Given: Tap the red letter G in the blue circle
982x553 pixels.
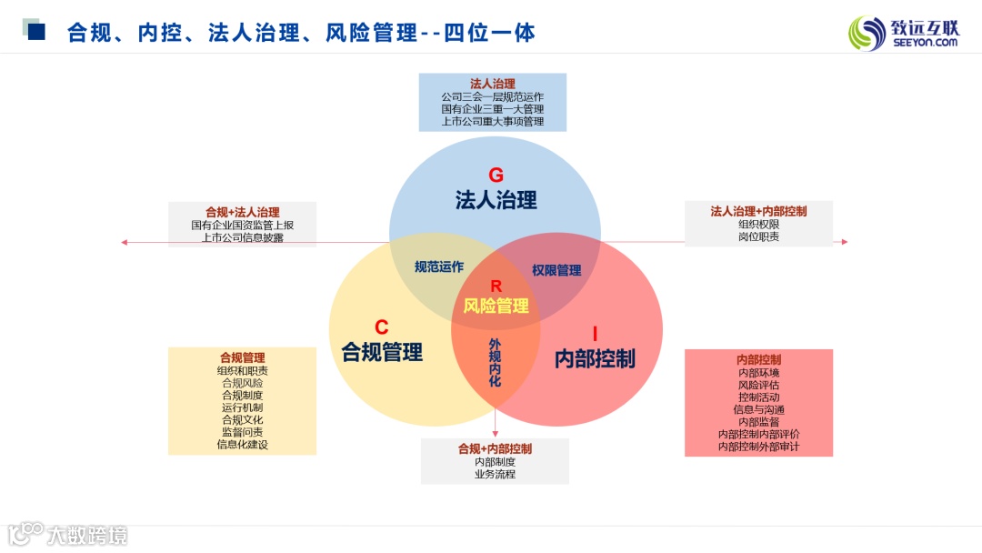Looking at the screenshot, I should coord(496,176).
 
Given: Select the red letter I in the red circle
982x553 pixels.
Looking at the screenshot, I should coord(595,333).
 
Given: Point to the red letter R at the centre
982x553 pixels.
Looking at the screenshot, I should coord(496,287).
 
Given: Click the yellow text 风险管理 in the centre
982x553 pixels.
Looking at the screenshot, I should coord(496,306).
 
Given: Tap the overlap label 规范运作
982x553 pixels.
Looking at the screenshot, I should coord(439,266).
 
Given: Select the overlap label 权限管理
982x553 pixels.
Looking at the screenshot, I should coord(556,270).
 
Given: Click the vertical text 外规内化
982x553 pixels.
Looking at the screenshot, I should coord(495,363).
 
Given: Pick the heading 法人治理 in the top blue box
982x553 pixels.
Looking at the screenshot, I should coord(492,84).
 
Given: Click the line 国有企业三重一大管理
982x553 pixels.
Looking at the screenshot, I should coord(492,108).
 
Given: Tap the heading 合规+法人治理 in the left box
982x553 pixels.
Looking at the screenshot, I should coord(242,212).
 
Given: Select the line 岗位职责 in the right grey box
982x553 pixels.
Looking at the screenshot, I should coord(758,236).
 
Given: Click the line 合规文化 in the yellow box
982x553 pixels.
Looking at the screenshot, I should coord(242,420).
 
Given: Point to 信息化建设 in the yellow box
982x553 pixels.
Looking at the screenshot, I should coord(242,445).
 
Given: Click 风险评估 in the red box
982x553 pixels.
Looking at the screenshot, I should coord(758,385).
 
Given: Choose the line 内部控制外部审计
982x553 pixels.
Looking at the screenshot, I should coord(758,447).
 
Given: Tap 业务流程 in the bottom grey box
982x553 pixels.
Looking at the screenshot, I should coord(495,474).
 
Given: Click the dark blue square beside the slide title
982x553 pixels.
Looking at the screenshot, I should coord(37,33).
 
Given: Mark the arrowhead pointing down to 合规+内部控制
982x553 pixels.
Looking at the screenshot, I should coord(495,434).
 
